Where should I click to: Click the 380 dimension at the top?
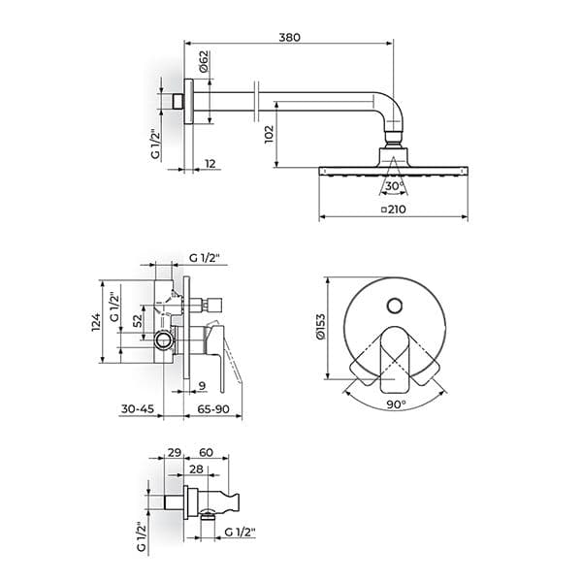pyautogui.click(x=289, y=38)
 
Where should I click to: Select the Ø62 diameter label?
pyautogui.click(x=204, y=62)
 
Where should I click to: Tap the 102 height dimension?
pyautogui.click(x=269, y=135)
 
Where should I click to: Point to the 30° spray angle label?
pyautogui.click(x=394, y=186)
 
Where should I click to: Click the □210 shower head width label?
pyautogui.click(x=394, y=210)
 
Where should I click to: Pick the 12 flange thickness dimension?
pyautogui.click(x=210, y=164)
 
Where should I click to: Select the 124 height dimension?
pyautogui.click(x=96, y=322)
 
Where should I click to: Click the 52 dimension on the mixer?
pyautogui.click(x=138, y=321)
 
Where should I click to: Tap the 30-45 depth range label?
pyautogui.click(x=138, y=409)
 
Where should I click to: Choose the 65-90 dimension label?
pyautogui.click(x=213, y=409)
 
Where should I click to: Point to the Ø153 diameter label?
pyautogui.click(x=320, y=327)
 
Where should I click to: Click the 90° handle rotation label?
pyautogui.click(x=396, y=404)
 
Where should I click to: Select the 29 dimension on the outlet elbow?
pyautogui.click(x=174, y=452)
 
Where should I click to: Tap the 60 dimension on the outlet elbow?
pyautogui.click(x=206, y=452)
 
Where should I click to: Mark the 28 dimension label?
pyautogui.click(x=196, y=469)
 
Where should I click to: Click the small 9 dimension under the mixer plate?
pyautogui.click(x=202, y=386)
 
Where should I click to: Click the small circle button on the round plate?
pyautogui.click(x=394, y=306)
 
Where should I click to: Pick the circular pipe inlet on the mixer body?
pyautogui.click(x=164, y=339)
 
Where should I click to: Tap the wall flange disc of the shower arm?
pyautogui.click(x=188, y=101)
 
